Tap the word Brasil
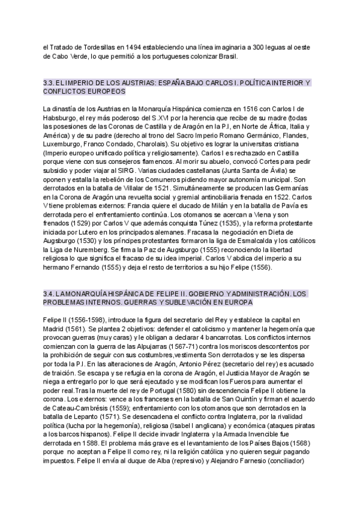pos(226,56)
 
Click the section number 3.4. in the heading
pos(50,294)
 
